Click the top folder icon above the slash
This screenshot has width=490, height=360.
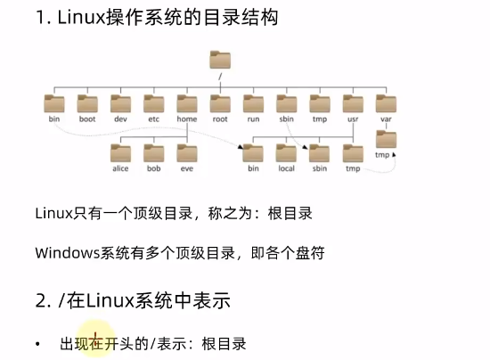pyautogui.click(x=220, y=60)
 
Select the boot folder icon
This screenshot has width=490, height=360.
pyautogui.click(x=87, y=103)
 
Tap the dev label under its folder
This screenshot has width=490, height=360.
pyautogui.click(x=120, y=119)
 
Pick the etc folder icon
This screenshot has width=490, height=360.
pyautogui.click(x=154, y=103)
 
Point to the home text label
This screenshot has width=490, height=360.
pyautogui.click(x=187, y=119)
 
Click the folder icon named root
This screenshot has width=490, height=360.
pyautogui.click(x=220, y=103)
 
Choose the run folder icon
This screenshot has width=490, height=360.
pyautogui.click(x=253, y=103)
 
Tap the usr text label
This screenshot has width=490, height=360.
pyautogui.click(x=353, y=119)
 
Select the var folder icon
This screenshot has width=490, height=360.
pyautogui.click(x=386, y=103)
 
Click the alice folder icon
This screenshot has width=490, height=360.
pyautogui.click(x=120, y=153)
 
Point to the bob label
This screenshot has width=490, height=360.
pyautogui.click(x=154, y=168)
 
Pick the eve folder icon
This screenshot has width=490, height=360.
pyautogui.click(x=187, y=153)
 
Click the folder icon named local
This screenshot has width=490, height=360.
pyautogui.click(x=286, y=153)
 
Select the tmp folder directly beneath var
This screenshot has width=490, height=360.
pyautogui.click(x=387, y=139)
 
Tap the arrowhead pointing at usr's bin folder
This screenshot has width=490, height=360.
pyautogui.click(x=241, y=146)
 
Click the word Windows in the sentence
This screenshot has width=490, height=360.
pyautogui.click(x=67, y=253)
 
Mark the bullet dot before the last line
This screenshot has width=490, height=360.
pyautogui.click(x=37, y=344)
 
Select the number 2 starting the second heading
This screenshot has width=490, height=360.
pyautogui.click(x=41, y=300)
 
